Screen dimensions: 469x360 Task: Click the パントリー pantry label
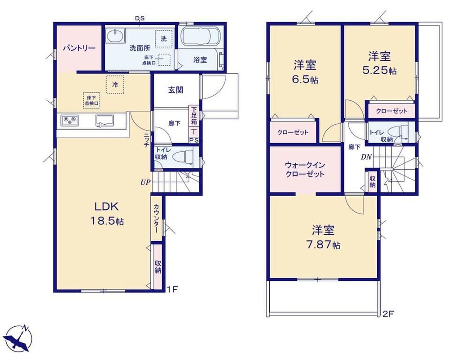pos(79,48)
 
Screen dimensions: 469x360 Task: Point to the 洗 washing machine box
pos(164,39)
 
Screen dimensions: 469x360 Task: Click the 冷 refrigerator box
pos(115,85)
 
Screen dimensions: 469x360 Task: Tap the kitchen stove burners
pos(70,121)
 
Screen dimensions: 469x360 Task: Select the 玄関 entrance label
pos(176,90)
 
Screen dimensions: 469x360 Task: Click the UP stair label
pos(146,182)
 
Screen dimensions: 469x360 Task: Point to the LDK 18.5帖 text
pos(107,213)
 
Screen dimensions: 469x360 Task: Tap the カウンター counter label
pos(156,218)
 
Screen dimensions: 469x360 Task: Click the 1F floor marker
pos(172,289)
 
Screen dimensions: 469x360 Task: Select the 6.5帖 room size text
pos(305,80)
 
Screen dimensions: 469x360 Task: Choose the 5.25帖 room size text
pos(379,71)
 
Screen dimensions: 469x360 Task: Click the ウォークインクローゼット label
pos(305,169)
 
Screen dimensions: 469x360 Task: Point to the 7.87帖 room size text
pos(323,245)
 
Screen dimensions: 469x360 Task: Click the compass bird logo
pos(19,338)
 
